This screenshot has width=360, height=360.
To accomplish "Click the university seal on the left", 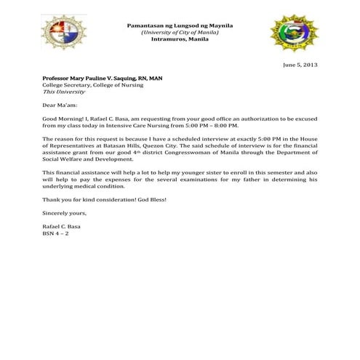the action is (x=63, y=33).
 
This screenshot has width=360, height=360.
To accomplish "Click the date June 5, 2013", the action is (x=300, y=65).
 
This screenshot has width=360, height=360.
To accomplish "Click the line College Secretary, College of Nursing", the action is (x=93, y=85).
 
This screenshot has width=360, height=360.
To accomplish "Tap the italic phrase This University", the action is (x=64, y=92).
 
